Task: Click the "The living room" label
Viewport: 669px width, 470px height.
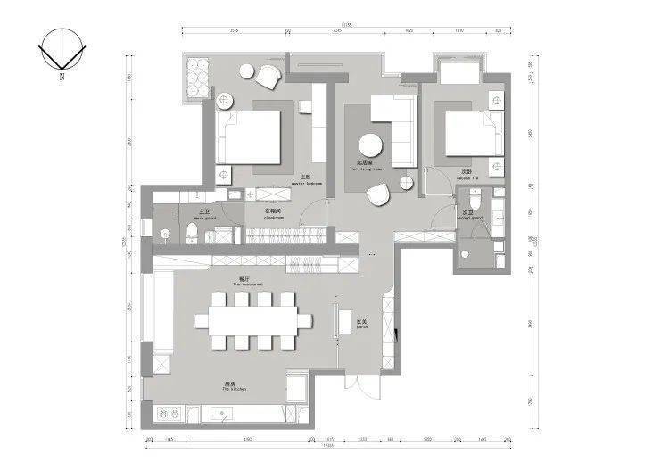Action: click(369, 166)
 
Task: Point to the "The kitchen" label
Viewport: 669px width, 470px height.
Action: click(234, 388)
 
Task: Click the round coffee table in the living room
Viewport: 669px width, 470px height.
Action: click(370, 145)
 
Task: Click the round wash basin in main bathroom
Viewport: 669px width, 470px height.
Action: click(166, 234)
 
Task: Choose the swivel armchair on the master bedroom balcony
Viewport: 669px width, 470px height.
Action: click(268, 78)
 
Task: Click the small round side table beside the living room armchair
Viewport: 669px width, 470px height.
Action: click(406, 183)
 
